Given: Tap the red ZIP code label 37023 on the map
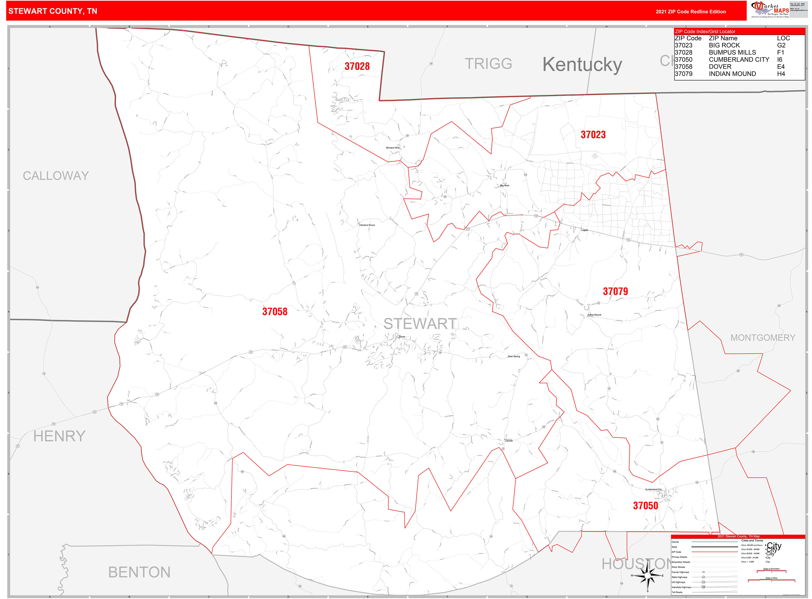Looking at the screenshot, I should (593, 135).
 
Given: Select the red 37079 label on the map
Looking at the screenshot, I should (615, 291).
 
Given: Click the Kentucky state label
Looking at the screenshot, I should (582, 65).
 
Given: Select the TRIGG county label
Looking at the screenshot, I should (488, 64).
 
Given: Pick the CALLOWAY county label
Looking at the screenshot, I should (56, 176).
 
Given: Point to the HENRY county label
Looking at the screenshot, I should (59, 436).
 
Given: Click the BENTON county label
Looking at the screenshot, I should (139, 572).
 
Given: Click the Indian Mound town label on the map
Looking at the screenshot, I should (594, 315).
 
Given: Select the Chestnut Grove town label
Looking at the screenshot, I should (367, 225).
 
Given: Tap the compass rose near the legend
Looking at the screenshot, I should (647, 576).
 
